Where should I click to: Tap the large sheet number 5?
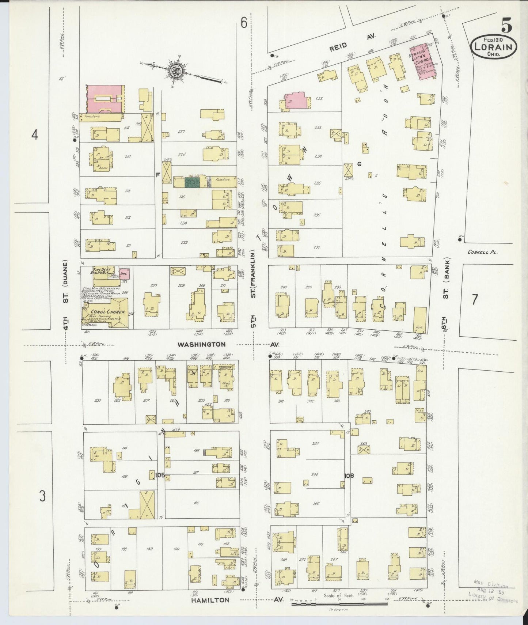click(x=506, y=25)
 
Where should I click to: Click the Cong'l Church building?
click(x=106, y=313)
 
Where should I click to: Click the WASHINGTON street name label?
click(x=201, y=344)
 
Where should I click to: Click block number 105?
click(x=160, y=475)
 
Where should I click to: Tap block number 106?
click(x=349, y=476)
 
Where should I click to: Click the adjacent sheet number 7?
click(x=474, y=300)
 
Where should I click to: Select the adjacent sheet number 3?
click(x=42, y=496)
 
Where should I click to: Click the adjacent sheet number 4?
click(x=34, y=135)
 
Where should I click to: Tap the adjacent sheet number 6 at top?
click(x=244, y=23)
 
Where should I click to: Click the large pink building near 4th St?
click(x=105, y=99)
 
